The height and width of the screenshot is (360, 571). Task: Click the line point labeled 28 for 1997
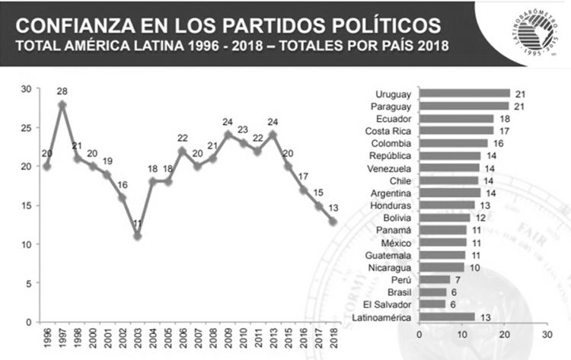tap(62, 104)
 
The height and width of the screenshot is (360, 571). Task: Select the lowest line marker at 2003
tap(138, 236)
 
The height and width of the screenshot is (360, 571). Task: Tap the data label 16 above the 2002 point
tap(123, 185)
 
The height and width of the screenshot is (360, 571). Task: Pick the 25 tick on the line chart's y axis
tap(27, 127)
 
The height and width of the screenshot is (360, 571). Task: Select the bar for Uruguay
tap(464, 94)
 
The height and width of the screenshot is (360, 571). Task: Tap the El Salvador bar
tap(432, 304)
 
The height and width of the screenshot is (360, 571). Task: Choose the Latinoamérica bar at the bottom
tap(447, 317)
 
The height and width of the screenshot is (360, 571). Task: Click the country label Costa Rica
tap(392, 131)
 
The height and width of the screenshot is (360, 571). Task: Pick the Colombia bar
tap(454, 143)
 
